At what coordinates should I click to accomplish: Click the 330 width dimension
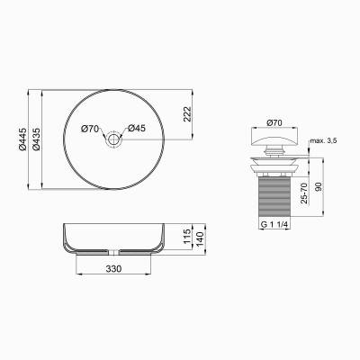(114, 268)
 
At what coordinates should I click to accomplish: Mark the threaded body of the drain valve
(276, 193)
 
